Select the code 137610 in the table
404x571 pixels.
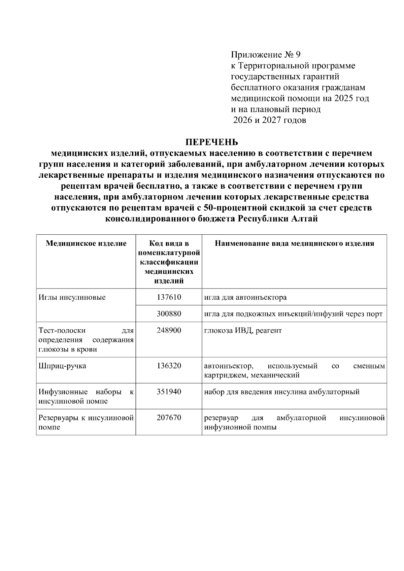click(x=169, y=297)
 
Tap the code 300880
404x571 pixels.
click(x=169, y=314)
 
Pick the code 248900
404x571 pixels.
click(x=169, y=330)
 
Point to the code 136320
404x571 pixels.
click(x=169, y=366)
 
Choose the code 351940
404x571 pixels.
click(x=169, y=392)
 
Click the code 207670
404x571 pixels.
click(x=169, y=418)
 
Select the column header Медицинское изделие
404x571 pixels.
click(x=86, y=243)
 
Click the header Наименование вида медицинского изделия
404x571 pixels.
click(x=294, y=243)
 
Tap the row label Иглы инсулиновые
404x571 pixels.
click(x=72, y=297)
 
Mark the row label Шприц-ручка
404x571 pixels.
click(x=62, y=366)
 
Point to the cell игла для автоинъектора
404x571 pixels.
click(x=245, y=297)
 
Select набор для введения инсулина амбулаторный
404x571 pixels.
click(x=282, y=392)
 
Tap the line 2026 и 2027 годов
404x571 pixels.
click(x=270, y=120)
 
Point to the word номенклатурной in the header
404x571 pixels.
click(x=169, y=253)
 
